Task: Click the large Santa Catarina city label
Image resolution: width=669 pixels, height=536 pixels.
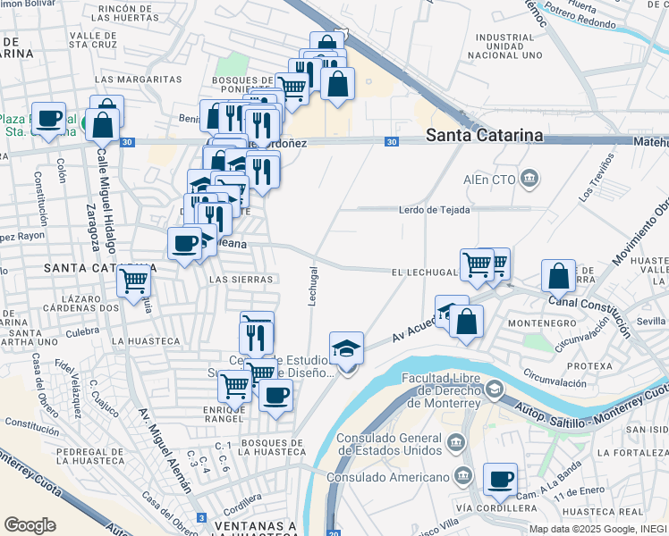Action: click(484, 135)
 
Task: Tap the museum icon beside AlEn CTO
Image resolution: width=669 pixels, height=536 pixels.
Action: click(530, 178)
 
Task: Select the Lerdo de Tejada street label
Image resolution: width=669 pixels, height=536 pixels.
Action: click(434, 210)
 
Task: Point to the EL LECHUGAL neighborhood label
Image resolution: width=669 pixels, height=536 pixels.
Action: click(424, 271)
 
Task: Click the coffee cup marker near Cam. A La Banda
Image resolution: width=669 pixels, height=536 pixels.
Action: click(500, 479)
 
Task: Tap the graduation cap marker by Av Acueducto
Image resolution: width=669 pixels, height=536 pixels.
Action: click(347, 348)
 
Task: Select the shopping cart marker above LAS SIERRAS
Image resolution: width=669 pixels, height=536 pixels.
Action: click(135, 281)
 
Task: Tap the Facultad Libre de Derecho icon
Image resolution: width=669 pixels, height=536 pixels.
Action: click(495, 389)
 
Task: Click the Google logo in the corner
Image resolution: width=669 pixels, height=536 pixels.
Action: click(30, 525)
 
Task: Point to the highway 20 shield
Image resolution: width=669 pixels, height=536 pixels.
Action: click(333, 533)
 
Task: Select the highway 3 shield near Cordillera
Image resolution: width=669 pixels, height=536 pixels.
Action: click(202, 518)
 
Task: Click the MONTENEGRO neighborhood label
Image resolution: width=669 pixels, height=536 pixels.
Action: click(535, 322)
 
